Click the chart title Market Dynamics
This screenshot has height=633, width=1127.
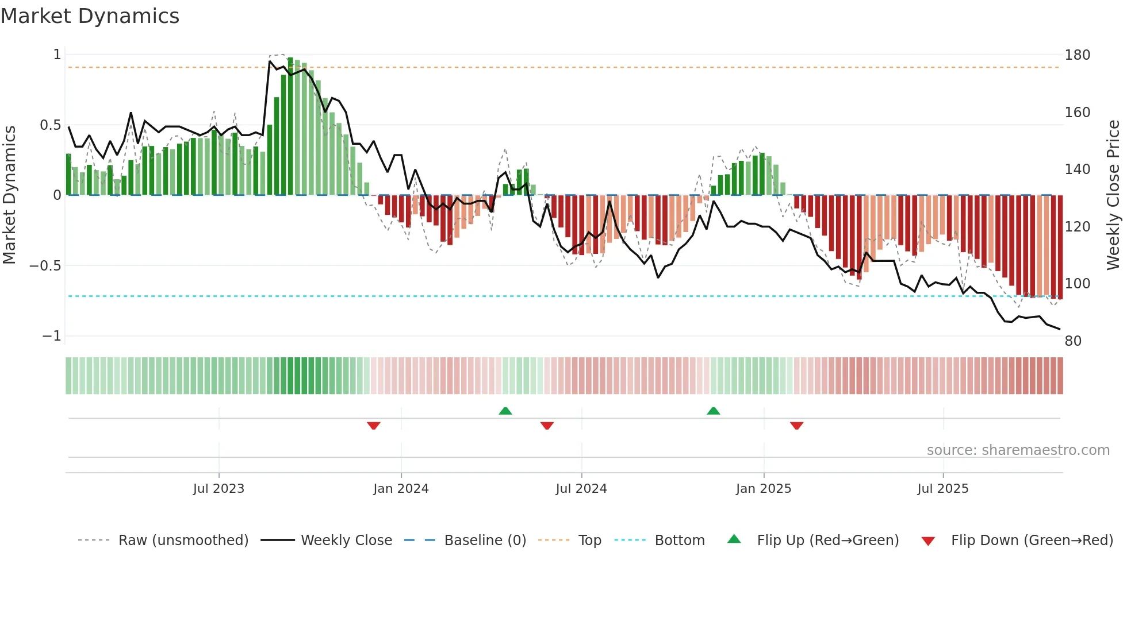pyautogui.click(x=90, y=16)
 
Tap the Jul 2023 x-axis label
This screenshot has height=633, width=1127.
pyautogui.click(x=218, y=489)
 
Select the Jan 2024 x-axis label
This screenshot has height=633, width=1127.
pyautogui.click(x=401, y=489)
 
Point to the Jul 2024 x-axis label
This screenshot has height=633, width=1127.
pyautogui.click(x=581, y=489)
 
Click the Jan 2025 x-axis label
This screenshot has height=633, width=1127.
pyautogui.click(x=764, y=489)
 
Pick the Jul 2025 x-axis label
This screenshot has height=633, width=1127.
pyautogui.click(x=943, y=489)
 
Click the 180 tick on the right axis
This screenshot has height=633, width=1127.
pyautogui.click(x=1078, y=55)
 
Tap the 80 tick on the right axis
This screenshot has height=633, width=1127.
pyautogui.click(x=1073, y=341)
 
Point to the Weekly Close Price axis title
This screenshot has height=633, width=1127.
pyautogui.click(x=1113, y=195)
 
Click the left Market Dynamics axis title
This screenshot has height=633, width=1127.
pyautogui.click(x=9, y=195)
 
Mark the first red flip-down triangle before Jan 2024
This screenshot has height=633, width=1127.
pyautogui.click(x=374, y=426)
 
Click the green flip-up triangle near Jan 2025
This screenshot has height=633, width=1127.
pyautogui.click(x=713, y=411)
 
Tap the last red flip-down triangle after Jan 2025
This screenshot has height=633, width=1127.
pyautogui.click(x=796, y=426)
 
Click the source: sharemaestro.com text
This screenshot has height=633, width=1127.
pyautogui.click(x=1018, y=450)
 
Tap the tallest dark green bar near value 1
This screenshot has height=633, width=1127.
pyautogui.click(x=290, y=126)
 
